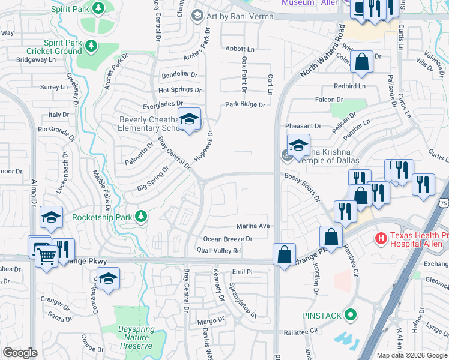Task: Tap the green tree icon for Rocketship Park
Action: [x=140, y=216]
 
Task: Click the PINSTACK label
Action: [x=321, y=315]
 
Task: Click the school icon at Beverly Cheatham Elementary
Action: [x=189, y=121]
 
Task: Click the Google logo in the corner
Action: [x=20, y=353]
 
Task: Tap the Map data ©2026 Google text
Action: [x=411, y=355]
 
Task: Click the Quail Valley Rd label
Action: [x=219, y=251]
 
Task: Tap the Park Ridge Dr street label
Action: [x=245, y=104]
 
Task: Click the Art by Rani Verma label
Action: [x=240, y=16]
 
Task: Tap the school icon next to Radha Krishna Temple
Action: [x=298, y=145]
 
